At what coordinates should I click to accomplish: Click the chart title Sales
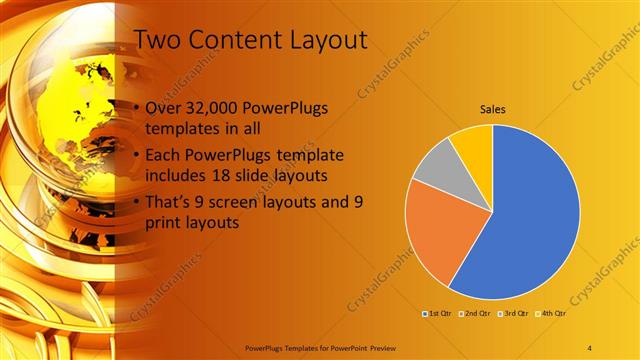pyautogui.click(x=492, y=109)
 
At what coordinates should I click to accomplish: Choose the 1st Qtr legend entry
pyautogui.click(x=437, y=315)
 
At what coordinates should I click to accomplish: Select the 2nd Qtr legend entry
pyautogui.click(x=475, y=315)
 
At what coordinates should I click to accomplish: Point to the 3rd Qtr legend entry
pyautogui.click(x=513, y=315)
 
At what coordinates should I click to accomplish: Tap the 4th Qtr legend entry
pyautogui.click(x=551, y=315)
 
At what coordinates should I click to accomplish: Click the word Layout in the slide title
pyautogui.click(x=320, y=40)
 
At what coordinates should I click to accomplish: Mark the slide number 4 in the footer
pyautogui.click(x=591, y=346)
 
